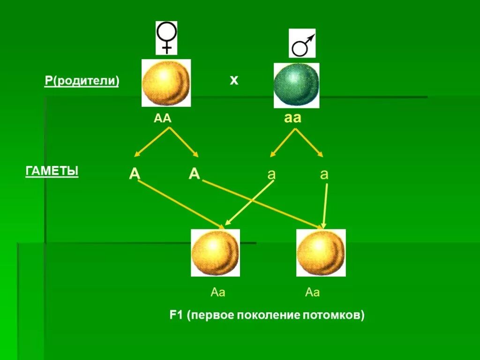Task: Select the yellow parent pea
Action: tap(166, 82)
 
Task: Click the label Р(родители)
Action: tap(82, 81)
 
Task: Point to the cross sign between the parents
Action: tap(234, 80)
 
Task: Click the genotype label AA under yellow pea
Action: tap(163, 119)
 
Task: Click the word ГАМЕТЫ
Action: tap(52, 172)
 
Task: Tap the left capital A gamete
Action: tap(135, 174)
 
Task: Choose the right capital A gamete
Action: tap(195, 174)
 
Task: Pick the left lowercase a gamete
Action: tap(271, 174)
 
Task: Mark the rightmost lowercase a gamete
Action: tap(324, 174)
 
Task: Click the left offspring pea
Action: tap(215, 253)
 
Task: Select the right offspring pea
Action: tap(321, 253)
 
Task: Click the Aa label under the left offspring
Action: tap(218, 293)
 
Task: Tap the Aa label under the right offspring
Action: tap(312, 293)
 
